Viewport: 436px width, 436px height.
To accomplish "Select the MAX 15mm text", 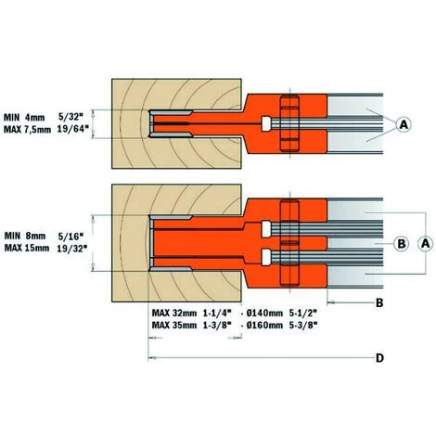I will pos(29,249).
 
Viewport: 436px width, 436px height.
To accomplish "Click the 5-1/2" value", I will pos(312,313).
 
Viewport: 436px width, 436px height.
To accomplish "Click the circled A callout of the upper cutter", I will pos(404,123).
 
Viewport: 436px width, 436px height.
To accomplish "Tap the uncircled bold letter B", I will pos(378,303).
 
